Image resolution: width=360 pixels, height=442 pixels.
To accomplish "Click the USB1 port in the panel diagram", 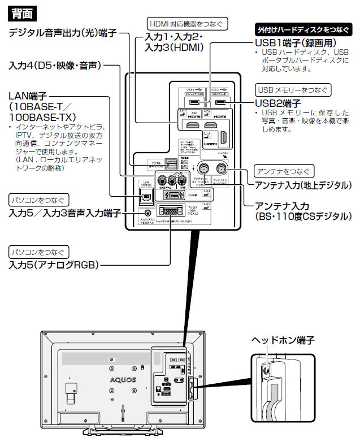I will click(194, 102).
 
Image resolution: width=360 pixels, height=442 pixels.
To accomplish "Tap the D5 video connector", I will click(175, 195).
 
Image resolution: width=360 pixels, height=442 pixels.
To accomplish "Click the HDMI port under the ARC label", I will click(187, 124).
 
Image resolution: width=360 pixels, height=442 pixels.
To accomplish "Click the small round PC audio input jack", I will click(149, 214).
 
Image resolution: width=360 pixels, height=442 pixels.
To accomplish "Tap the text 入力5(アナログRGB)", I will click(54, 265).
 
